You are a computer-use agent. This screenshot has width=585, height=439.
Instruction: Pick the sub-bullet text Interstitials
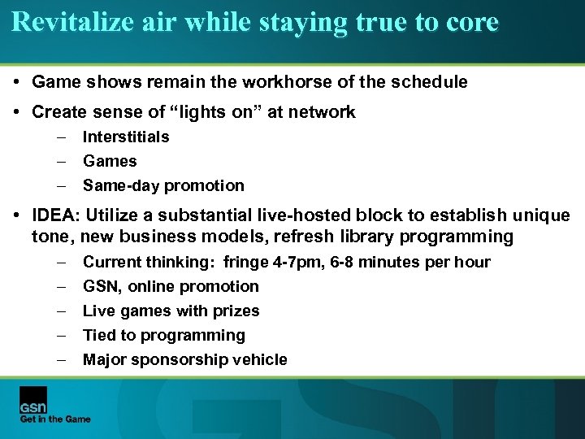[x=126, y=137]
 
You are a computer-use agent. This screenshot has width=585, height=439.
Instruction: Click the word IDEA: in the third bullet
[x=56, y=216]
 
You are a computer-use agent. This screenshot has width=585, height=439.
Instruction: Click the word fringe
[x=248, y=262]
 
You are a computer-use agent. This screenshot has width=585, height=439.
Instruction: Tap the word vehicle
[x=258, y=359]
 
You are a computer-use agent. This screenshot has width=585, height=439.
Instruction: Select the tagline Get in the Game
[x=55, y=419]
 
